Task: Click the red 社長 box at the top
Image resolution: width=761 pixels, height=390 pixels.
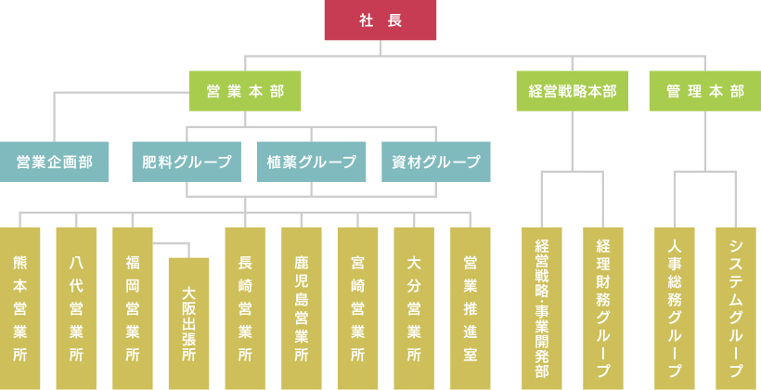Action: pyautogui.click(x=380, y=20)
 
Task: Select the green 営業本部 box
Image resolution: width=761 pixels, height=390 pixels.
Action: pyautogui.click(x=244, y=92)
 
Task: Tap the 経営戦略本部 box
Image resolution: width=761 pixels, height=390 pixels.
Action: pyautogui.click(x=572, y=92)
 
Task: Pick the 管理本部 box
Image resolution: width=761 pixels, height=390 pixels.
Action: pyautogui.click(x=704, y=92)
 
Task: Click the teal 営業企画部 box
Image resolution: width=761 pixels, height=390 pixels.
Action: pyautogui.click(x=55, y=162)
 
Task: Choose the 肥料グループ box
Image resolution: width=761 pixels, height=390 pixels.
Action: pyautogui.click(x=187, y=162)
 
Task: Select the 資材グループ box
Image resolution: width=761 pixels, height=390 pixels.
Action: pyautogui.click(x=436, y=162)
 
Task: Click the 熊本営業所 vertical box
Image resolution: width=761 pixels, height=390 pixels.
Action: pyautogui.click(x=20, y=307)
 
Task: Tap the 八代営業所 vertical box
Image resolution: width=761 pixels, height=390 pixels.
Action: pyautogui.click(x=76, y=307)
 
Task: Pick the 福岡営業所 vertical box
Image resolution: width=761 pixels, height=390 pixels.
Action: pyautogui.click(x=133, y=307)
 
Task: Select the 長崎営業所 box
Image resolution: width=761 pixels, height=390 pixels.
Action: pyautogui.click(x=245, y=307)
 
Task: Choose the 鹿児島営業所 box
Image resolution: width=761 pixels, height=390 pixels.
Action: pyautogui.click(x=302, y=307)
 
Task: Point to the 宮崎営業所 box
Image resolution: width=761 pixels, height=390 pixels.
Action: pyautogui.click(x=357, y=307)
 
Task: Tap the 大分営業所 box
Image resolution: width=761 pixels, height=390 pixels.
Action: pyautogui.click(x=414, y=307)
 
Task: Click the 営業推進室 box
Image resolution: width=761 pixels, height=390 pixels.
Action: pyautogui.click(x=470, y=307)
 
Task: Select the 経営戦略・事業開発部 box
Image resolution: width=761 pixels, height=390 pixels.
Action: pyautogui.click(x=542, y=307)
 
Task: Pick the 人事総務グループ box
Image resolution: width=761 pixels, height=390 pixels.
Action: pyautogui.click(x=675, y=307)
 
